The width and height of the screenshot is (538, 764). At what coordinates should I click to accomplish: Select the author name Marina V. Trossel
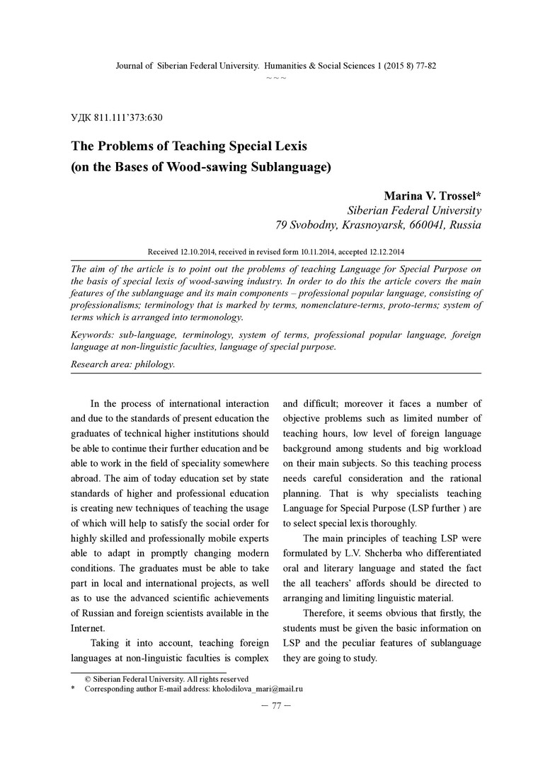click(430, 195)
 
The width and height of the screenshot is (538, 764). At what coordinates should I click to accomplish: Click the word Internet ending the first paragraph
click(88, 627)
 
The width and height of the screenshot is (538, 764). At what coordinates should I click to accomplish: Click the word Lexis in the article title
click(285, 146)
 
